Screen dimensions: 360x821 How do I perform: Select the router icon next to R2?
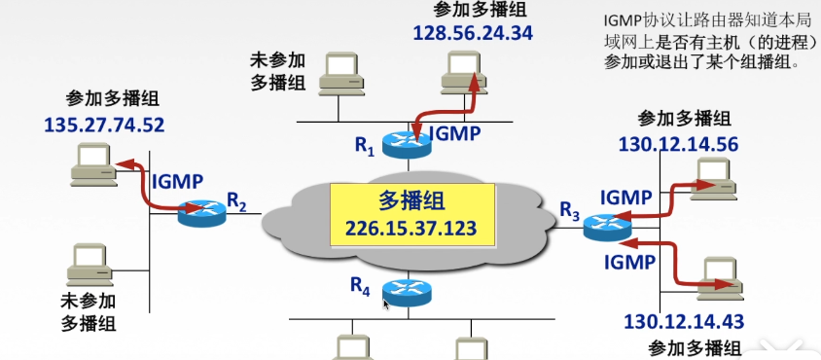click(x=201, y=212)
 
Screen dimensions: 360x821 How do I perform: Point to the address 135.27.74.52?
click(x=105, y=125)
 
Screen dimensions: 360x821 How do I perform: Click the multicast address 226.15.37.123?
click(x=410, y=232)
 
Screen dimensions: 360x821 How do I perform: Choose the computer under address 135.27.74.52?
click(x=94, y=162)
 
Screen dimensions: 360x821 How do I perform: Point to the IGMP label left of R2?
click(x=177, y=179)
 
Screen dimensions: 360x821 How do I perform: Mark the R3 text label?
click(x=569, y=208)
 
